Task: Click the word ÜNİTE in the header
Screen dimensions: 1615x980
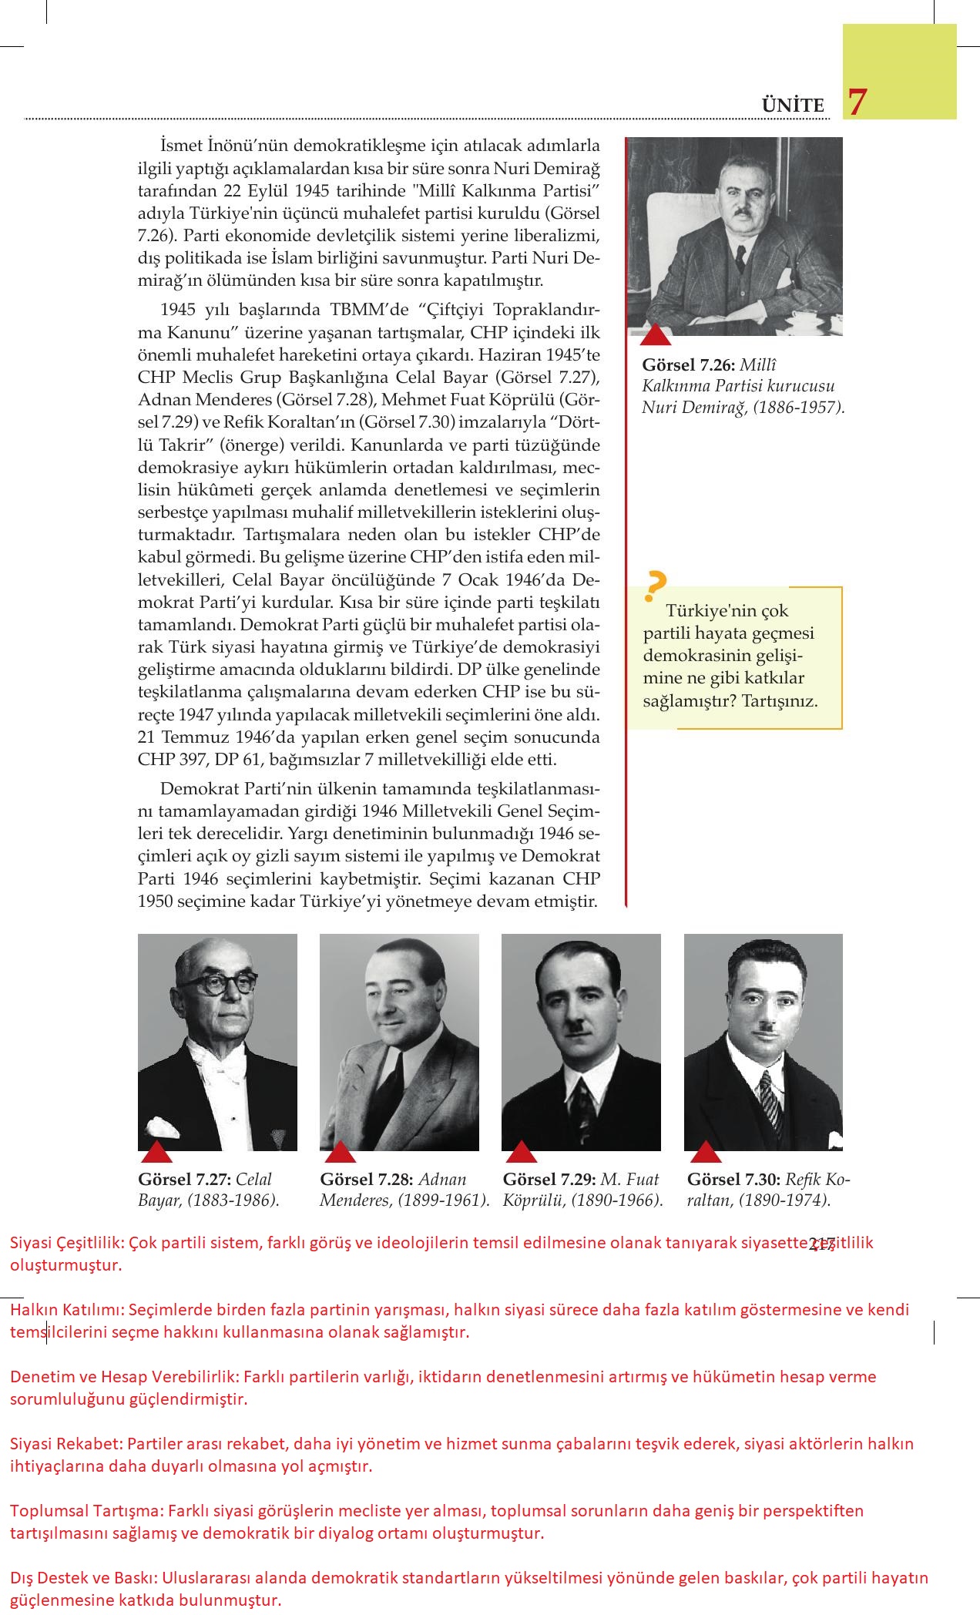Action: (793, 106)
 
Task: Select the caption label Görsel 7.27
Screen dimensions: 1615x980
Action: (185, 1180)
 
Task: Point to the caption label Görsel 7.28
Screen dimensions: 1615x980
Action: (367, 1180)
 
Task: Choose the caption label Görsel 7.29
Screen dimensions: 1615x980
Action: (549, 1180)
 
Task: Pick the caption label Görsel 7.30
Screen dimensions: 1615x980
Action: (733, 1180)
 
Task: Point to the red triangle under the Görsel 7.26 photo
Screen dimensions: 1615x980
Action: (656, 334)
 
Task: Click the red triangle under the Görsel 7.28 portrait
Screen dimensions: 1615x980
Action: (340, 1153)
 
